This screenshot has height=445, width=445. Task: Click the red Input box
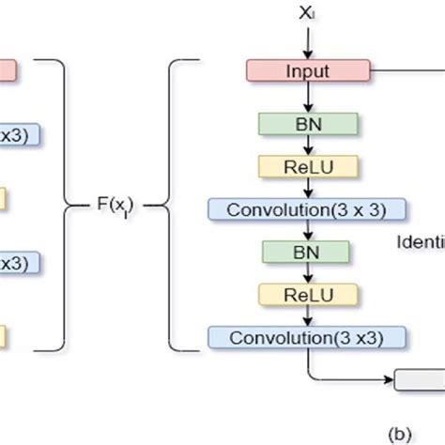click(307, 70)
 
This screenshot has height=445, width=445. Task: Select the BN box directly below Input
click(307, 123)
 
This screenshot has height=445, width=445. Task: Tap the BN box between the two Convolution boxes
click(307, 251)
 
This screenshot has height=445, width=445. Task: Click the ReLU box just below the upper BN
click(307, 165)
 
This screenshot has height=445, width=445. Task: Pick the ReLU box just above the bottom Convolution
click(307, 293)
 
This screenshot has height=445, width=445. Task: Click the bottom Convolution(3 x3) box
click(307, 336)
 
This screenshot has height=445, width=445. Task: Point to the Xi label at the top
click(307, 14)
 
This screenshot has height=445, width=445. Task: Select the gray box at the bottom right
click(420, 380)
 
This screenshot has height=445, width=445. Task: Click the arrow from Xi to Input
click(307, 43)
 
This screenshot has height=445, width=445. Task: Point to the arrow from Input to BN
click(307, 97)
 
